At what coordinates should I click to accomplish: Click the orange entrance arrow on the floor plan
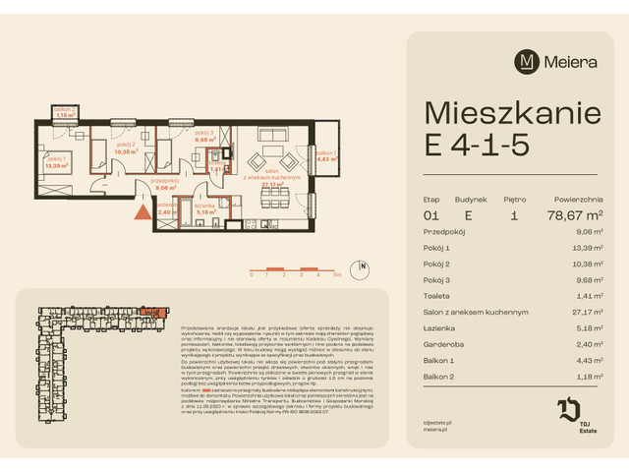[x=143, y=209]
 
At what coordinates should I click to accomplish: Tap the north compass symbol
[x=363, y=266]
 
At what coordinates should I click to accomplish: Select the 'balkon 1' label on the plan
[x=326, y=151]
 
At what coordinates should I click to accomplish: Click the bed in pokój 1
[x=59, y=145]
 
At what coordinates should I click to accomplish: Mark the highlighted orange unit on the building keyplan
[x=148, y=312]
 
